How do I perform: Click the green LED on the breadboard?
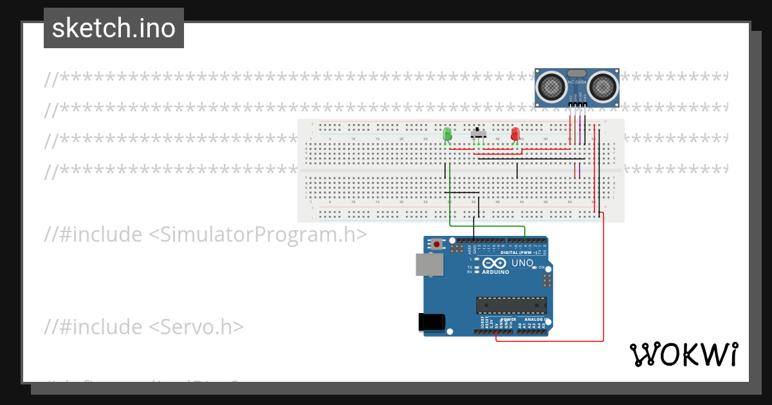point(448,134)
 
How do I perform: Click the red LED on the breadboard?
point(515,134)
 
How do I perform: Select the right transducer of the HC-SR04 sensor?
point(602,85)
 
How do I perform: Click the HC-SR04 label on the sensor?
point(577,82)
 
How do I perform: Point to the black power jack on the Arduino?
point(430,321)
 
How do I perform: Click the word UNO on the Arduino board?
point(522,264)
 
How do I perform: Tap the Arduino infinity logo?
point(493,264)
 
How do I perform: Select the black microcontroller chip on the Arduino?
point(511,306)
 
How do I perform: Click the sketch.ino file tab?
point(114,28)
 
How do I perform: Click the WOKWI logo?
point(683,355)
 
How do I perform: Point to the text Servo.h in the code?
point(197,327)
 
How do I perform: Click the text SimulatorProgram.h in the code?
point(257,235)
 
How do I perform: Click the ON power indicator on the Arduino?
point(541,267)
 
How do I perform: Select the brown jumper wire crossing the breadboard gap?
point(574,171)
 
